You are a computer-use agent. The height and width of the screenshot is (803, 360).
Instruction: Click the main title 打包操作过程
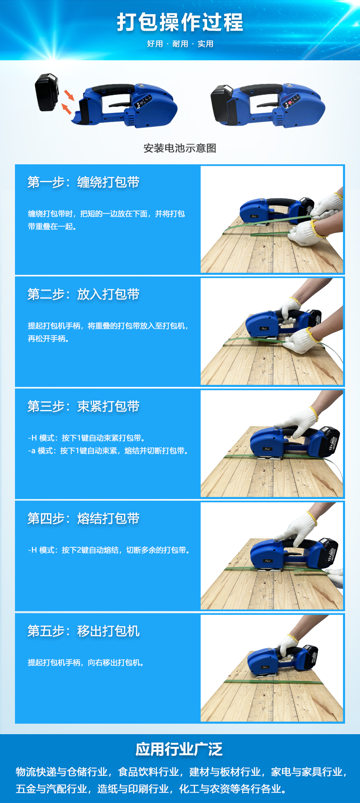(x=180, y=22)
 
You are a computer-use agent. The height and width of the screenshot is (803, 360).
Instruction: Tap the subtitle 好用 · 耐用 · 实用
(x=180, y=44)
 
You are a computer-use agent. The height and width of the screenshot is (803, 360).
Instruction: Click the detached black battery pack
(x=47, y=92)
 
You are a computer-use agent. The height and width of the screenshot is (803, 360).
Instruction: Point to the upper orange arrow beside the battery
(x=69, y=95)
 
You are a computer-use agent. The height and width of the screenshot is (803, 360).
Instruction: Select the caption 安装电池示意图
(x=180, y=148)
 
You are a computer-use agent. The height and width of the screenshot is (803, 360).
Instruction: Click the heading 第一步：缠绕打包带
(x=83, y=182)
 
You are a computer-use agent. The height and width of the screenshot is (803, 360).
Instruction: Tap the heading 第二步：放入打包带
(x=83, y=294)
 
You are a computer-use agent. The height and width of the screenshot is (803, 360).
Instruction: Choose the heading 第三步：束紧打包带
(x=83, y=406)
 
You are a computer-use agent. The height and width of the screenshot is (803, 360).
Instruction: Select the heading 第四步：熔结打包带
(x=83, y=518)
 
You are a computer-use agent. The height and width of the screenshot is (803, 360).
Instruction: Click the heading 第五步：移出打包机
(x=83, y=631)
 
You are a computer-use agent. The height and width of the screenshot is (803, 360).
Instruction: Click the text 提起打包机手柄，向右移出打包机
(x=86, y=663)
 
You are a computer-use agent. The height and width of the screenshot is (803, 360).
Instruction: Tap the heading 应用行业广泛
(x=179, y=749)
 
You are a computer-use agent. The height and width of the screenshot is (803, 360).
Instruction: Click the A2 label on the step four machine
(x=267, y=561)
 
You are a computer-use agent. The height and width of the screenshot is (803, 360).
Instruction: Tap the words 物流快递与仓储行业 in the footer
(x=61, y=772)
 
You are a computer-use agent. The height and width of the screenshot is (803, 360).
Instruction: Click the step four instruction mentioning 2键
(x=109, y=550)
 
